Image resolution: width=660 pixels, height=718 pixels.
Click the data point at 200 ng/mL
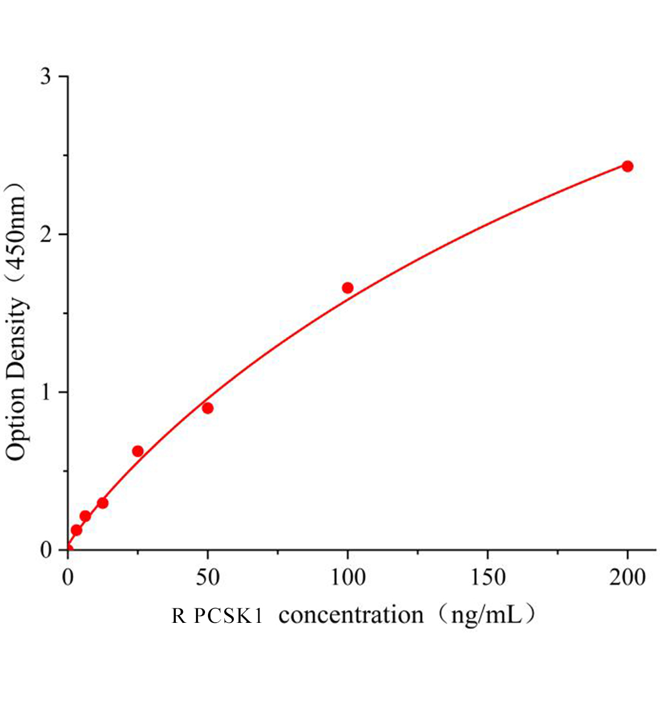(x=627, y=166)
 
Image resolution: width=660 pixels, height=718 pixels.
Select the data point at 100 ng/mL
(x=347, y=288)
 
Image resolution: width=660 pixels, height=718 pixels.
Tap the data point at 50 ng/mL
(x=207, y=408)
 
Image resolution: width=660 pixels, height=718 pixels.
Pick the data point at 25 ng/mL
(x=137, y=451)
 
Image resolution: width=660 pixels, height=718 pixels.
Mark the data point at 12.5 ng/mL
(x=103, y=503)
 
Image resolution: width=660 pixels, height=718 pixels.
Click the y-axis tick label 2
(x=45, y=235)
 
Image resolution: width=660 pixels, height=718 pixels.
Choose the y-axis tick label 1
(x=45, y=393)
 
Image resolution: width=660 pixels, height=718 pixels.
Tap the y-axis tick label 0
(x=45, y=550)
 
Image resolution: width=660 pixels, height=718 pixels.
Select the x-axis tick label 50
(x=207, y=577)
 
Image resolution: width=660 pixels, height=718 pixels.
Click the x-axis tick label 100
(x=347, y=577)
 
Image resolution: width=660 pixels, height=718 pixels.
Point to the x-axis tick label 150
(x=487, y=577)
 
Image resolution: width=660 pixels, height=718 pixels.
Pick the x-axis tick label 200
(x=627, y=577)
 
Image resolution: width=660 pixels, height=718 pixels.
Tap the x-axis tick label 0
(x=68, y=577)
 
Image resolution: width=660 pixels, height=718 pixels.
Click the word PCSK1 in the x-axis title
(x=228, y=616)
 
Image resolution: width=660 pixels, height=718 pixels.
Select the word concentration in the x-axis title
(x=351, y=615)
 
